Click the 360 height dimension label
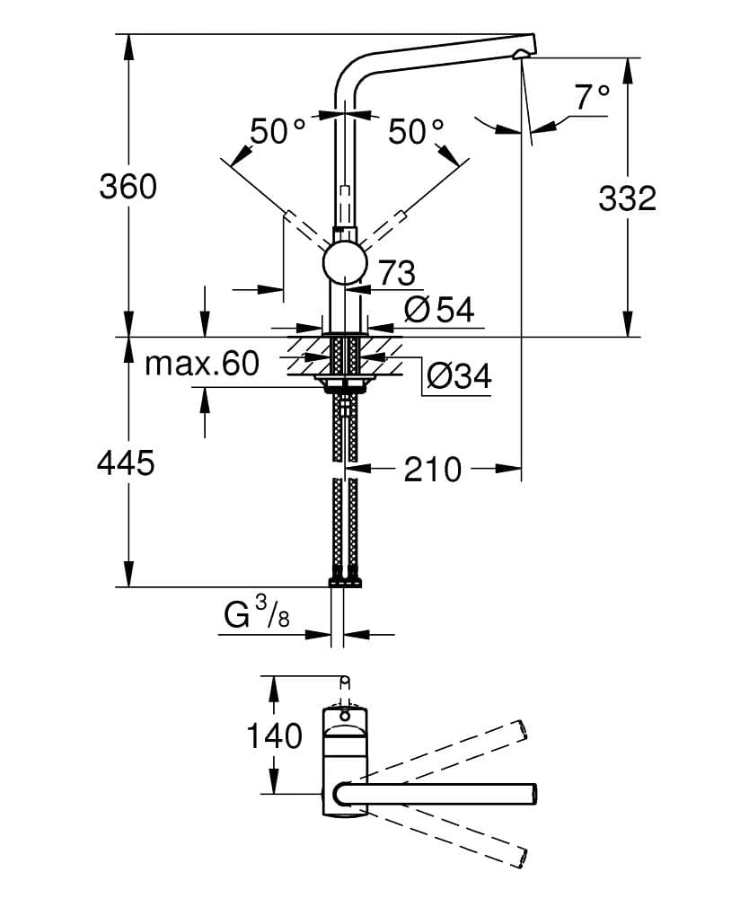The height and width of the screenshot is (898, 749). click(127, 187)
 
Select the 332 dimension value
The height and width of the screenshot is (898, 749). click(627, 198)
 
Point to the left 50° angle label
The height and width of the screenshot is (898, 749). click(278, 132)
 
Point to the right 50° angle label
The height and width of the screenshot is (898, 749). click(417, 132)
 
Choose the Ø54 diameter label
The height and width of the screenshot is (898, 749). click(438, 310)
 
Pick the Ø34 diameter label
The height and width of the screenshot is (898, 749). click(458, 376)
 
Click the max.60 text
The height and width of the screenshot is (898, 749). click(202, 364)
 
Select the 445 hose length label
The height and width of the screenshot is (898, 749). click(127, 463)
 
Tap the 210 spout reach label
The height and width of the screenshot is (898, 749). click(432, 468)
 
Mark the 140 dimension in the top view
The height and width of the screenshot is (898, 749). click(275, 736)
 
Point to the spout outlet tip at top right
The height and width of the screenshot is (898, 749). click(521, 54)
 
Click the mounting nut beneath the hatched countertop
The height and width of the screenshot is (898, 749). click(344, 385)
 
